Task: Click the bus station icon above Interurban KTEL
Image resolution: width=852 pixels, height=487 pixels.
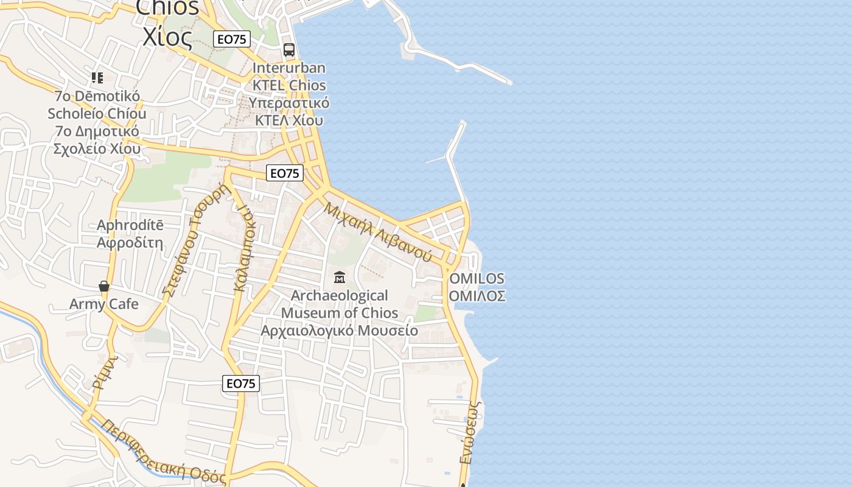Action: [x=289, y=50]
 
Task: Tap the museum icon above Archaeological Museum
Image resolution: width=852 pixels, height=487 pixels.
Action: [x=340, y=278]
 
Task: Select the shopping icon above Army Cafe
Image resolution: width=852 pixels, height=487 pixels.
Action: [x=104, y=286]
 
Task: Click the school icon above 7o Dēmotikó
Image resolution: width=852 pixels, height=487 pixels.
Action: [x=97, y=78]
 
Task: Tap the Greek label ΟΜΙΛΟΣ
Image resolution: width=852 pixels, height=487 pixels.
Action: [x=477, y=296]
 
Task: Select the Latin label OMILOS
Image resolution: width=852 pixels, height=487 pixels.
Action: [x=477, y=279]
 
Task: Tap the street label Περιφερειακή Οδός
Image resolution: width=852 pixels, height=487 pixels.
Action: [x=163, y=450]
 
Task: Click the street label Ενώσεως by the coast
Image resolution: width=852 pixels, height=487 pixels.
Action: [x=470, y=432]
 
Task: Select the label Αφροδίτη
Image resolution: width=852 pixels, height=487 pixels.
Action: [x=130, y=242]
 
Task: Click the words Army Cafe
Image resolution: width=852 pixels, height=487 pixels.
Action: [x=104, y=304]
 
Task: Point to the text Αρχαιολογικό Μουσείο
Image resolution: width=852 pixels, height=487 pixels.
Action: [x=340, y=331]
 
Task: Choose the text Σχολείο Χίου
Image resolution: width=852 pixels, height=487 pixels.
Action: [x=97, y=149]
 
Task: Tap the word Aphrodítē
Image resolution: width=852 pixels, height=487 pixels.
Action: [x=130, y=225]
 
